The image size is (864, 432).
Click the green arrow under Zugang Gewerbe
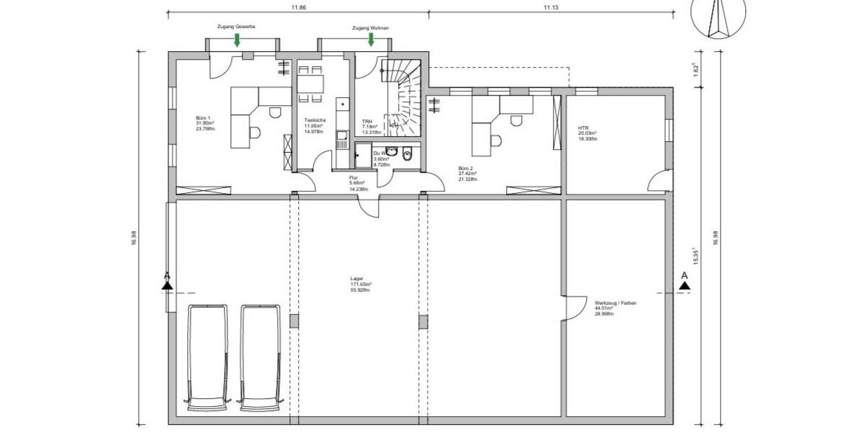(237, 39)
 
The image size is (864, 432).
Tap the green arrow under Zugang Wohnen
(372, 39)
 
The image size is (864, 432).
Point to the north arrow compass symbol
(718, 17)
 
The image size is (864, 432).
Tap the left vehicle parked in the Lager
(207, 357)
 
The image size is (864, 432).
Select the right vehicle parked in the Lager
(261, 357)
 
